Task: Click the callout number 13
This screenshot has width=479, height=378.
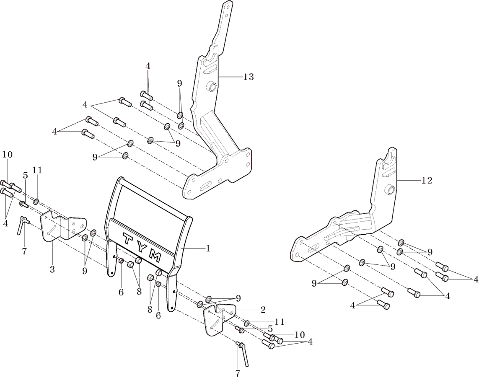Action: coord(248,77)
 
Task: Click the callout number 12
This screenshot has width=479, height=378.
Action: coord(427,181)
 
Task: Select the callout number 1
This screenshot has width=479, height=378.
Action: coord(207,248)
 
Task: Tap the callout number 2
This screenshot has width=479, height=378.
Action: coord(263,310)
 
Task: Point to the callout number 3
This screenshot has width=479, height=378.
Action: coord(52,269)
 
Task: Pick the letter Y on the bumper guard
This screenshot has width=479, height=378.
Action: coord(140,247)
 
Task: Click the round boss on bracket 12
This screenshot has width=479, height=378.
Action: coord(390,191)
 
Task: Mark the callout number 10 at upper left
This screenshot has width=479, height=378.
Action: coord(7,155)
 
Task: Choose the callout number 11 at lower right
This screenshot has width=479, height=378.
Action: coord(280,321)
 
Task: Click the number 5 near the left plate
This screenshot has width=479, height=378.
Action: coord(25,176)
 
